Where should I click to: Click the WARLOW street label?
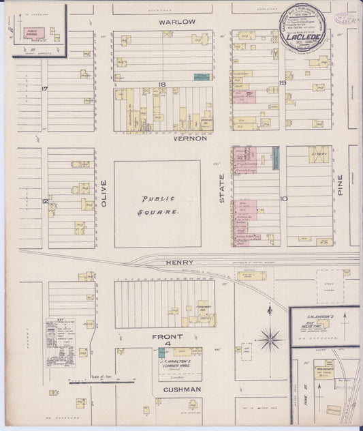(x=177, y=22)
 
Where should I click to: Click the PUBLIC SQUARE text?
(x=159, y=205)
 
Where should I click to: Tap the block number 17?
(x=44, y=89)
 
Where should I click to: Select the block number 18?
(x=162, y=83)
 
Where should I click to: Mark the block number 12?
(x=44, y=201)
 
